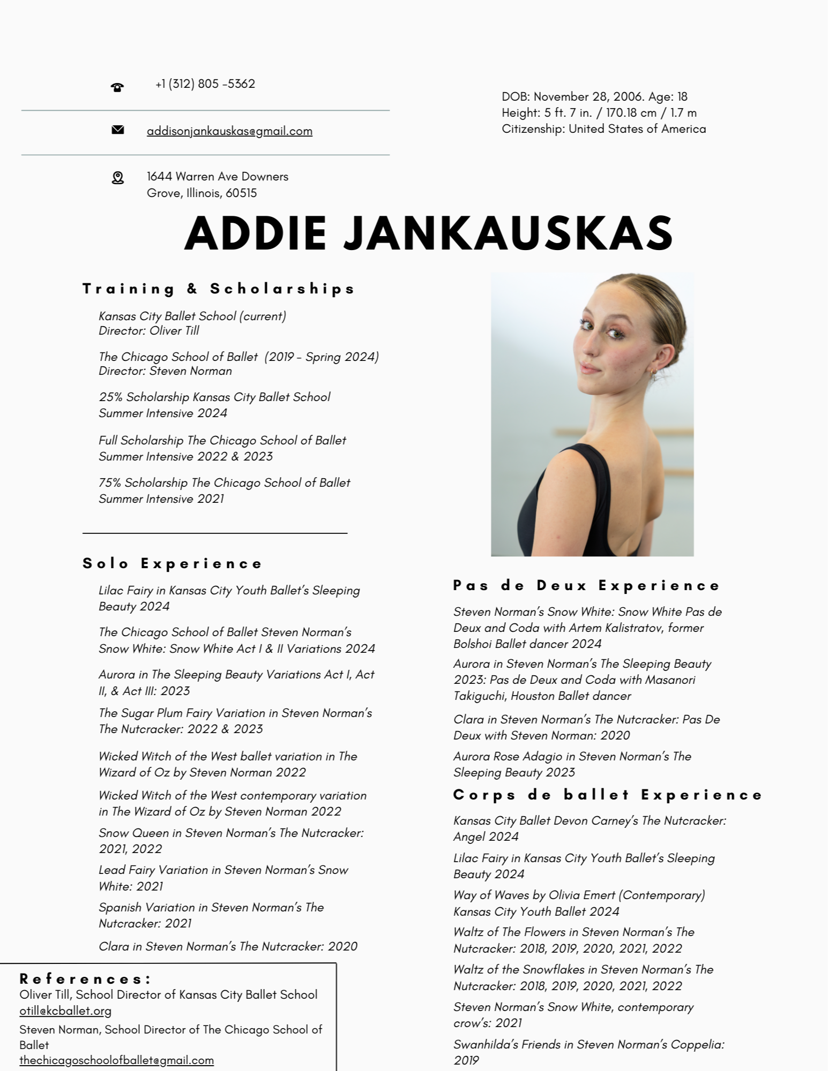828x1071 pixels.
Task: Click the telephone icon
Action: pos(117,87)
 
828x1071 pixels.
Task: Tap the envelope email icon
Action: pos(118,130)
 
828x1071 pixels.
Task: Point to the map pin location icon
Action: pos(118,178)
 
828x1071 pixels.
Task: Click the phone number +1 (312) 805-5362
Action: pos(205,84)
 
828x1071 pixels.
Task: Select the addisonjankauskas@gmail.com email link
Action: pos(229,131)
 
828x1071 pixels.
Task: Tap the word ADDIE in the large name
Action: pos(256,233)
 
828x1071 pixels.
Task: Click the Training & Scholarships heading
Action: pos(219,289)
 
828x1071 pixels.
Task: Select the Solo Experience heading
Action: pos(173,564)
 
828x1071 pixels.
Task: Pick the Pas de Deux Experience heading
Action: pos(587,586)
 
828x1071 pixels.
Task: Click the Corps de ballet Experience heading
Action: pos(608,795)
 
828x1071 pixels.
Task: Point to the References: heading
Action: pos(86,979)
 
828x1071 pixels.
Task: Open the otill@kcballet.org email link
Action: pos(65,1011)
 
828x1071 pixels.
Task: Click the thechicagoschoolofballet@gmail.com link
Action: pos(116,1060)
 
